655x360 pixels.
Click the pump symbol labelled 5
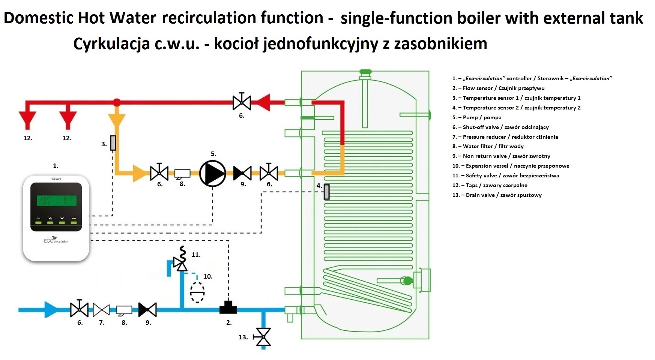[x=212, y=173]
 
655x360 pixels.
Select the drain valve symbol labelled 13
[x=263, y=337]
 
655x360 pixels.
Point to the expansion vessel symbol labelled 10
[x=197, y=292]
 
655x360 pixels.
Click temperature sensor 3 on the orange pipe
[x=113, y=143]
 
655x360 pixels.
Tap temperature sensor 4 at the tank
[x=327, y=192]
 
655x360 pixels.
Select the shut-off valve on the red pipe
[x=242, y=102]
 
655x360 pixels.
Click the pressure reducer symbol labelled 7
[x=101, y=310]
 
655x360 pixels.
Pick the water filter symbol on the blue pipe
[x=124, y=310]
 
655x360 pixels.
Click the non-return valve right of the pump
[x=242, y=173]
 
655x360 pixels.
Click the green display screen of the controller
[x=56, y=200]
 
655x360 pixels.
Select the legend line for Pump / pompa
[x=477, y=117]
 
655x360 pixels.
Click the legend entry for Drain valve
[x=497, y=195]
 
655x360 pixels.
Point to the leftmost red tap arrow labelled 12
[x=28, y=119]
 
